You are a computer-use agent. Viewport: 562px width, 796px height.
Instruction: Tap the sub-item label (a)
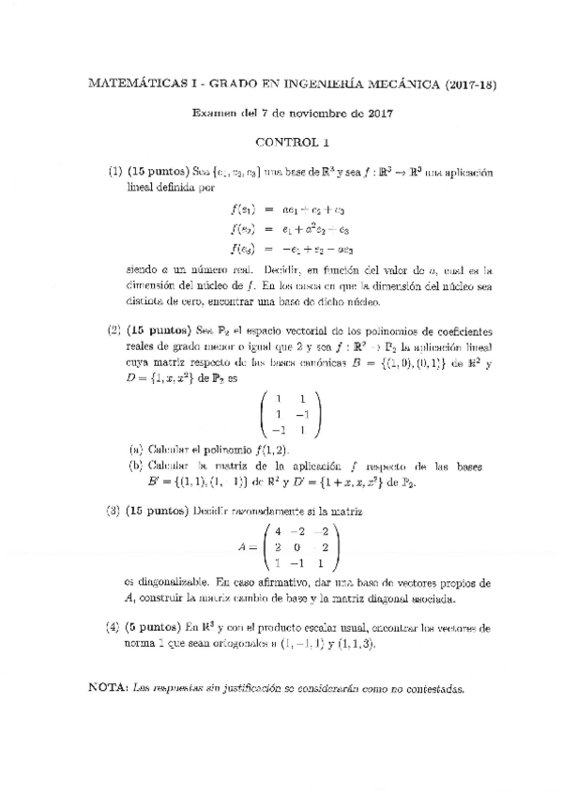click(x=137, y=449)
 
